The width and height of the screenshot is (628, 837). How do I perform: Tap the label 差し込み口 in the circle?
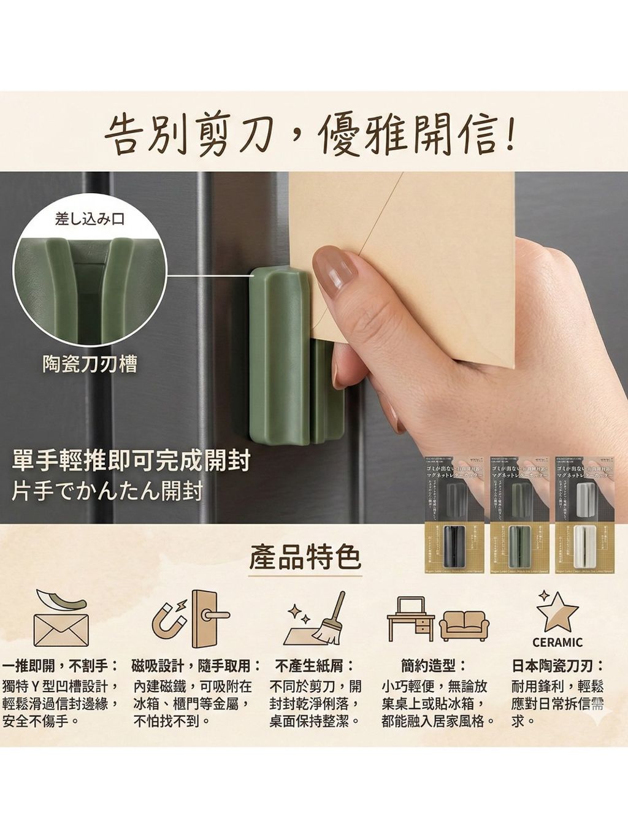(x=90, y=219)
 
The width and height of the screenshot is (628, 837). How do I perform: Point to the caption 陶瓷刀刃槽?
(x=90, y=364)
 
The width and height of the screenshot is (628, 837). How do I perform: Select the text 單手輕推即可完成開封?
(x=131, y=461)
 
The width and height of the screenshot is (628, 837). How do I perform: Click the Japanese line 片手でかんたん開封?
(x=107, y=492)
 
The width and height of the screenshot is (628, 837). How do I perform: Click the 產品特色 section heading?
(x=305, y=557)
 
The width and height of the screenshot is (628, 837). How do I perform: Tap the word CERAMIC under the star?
(x=557, y=643)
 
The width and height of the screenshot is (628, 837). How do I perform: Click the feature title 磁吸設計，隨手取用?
(x=196, y=666)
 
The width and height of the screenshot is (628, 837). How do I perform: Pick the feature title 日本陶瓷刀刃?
(x=557, y=666)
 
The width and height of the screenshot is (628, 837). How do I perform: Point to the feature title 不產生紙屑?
(x=315, y=666)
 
